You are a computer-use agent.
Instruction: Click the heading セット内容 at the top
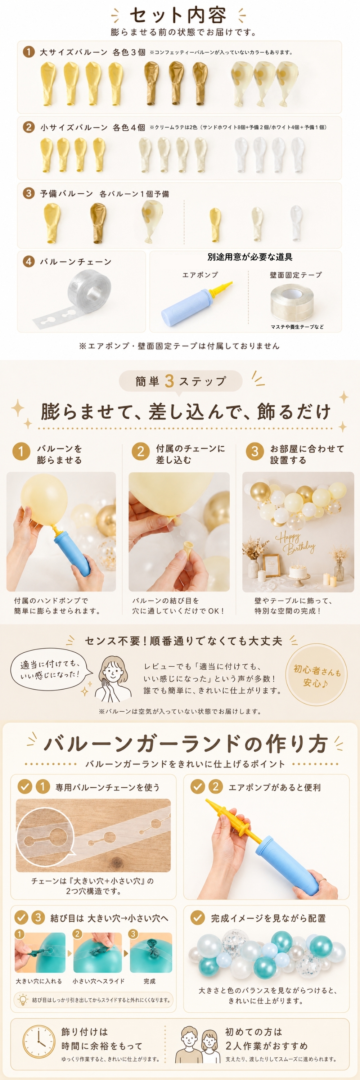pyautogui.click(x=178, y=15)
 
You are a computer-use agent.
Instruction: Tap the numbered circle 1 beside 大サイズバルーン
pyautogui.click(x=28, y=52)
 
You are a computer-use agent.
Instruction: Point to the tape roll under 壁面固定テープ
pyautogui.click(x=292, y=303)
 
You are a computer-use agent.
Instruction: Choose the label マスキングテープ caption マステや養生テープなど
pyautogui.click(x=297, y=327)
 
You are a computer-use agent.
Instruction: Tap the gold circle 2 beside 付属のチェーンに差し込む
pyautogui.click(x=140, y=451)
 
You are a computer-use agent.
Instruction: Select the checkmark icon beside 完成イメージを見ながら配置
pyautogui.click(x=197, y=918)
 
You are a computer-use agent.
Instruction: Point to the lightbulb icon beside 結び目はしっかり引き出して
pyautogui.click(x=22, y=1000)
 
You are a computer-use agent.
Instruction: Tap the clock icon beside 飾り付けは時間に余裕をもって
pyautogui.click(x=39, y=1041)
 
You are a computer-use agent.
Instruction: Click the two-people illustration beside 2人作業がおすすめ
pyautogui.click(x=199, y=1044)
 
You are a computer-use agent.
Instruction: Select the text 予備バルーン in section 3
pyautogui.click(x=66, y=194)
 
